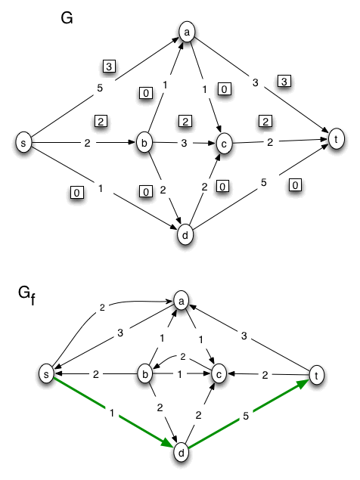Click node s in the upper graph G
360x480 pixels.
click(26, 141)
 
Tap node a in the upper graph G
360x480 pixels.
click(186, 33)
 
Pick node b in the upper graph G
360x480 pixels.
click(144, 142)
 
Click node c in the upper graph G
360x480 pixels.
click(224, 142)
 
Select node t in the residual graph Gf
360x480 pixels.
click(318, 373)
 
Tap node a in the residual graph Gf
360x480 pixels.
click(181, 300)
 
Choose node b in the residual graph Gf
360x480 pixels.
click(144, 373)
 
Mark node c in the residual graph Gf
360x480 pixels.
click(218, 373)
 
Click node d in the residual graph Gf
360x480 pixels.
click(181, 452)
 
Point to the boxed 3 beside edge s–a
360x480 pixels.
click(110, 67)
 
